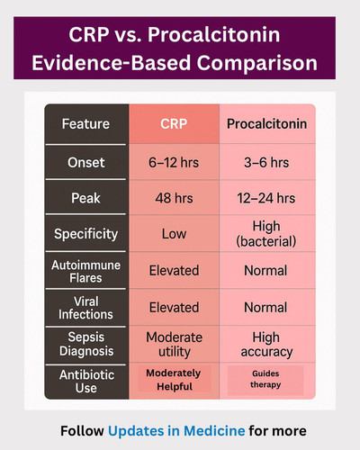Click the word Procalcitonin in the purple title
(x=213, y=34)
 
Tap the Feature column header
(x=85, y=124)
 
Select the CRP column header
(x=174, y=124)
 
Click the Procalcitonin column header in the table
(x=266, y=124)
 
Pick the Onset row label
(x=86, y=163)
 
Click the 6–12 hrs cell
(x=174, y=163)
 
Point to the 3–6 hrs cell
(x=266, y=163)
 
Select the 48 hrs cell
(x=174, y=198)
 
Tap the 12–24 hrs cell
(x=266, y=198)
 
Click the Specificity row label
(x=85, y=234)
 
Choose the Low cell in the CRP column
(x=174, y=234)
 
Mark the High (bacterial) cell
(x=266, y=234)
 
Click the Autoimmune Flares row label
(x=85, y=272)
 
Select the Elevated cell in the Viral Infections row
(x=174, y=308)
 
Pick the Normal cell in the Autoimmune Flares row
(x=265, y=271)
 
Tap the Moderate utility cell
(x=174, y=345)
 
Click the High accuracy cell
(x=266, y=345)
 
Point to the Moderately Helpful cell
(x=174, y=380)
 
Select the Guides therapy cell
(x=265, y=379)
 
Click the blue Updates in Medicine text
(x=176, y=431)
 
